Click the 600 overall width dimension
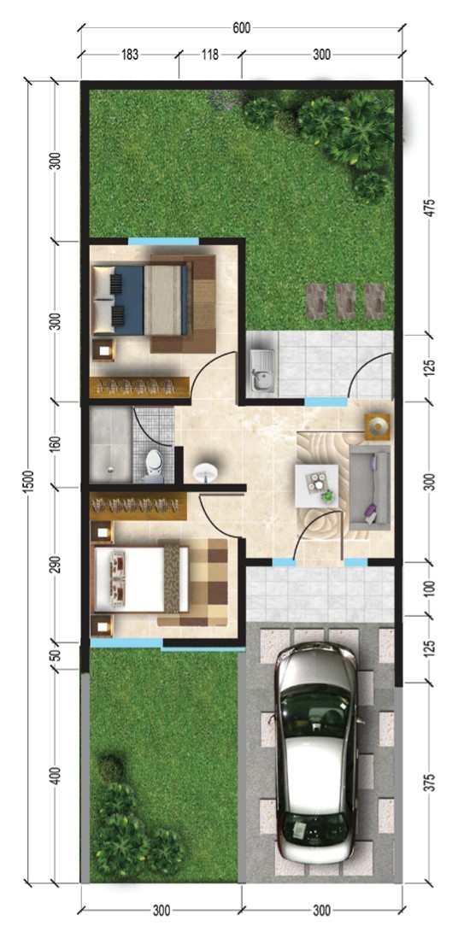point(241,27)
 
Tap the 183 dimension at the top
point(130,55)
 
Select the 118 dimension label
point(210,55)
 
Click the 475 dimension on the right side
point(429,205)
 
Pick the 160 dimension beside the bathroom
point(56,444)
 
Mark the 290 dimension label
point(56,566)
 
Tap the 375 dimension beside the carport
point(429,783)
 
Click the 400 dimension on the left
point(56,776)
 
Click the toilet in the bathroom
point(154,466)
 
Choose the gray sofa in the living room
point(369,487)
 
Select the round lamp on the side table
point(378,426)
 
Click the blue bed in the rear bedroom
point(139,301)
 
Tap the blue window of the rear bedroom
point(163,241)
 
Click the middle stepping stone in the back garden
point(345,301)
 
